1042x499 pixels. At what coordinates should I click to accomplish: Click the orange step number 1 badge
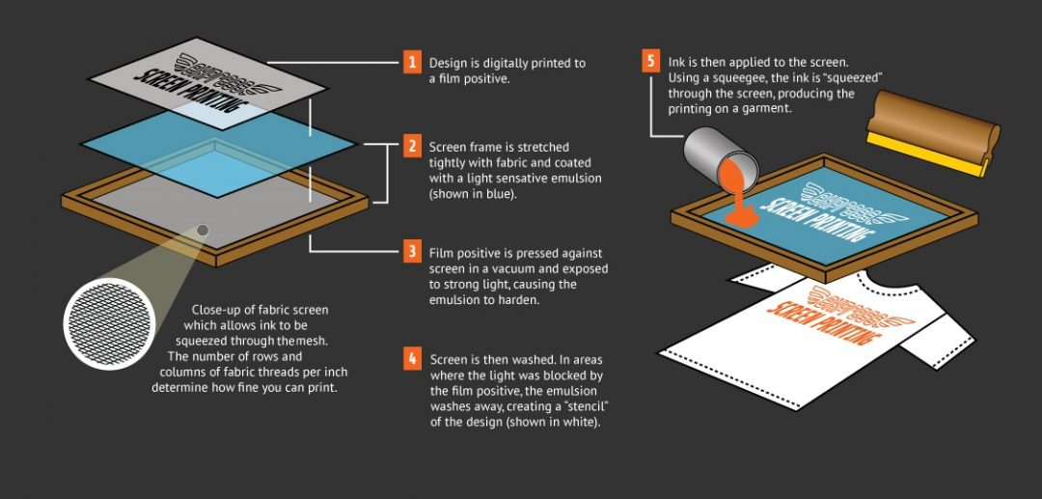tap(413, 63)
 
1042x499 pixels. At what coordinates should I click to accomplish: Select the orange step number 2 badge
tap(413, 147)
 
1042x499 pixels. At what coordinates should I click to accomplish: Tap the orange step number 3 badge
tap(413, 252)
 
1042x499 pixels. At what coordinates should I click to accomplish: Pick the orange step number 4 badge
tap(413, 358)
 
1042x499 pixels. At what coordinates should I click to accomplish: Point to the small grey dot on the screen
tap(203, 229)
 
